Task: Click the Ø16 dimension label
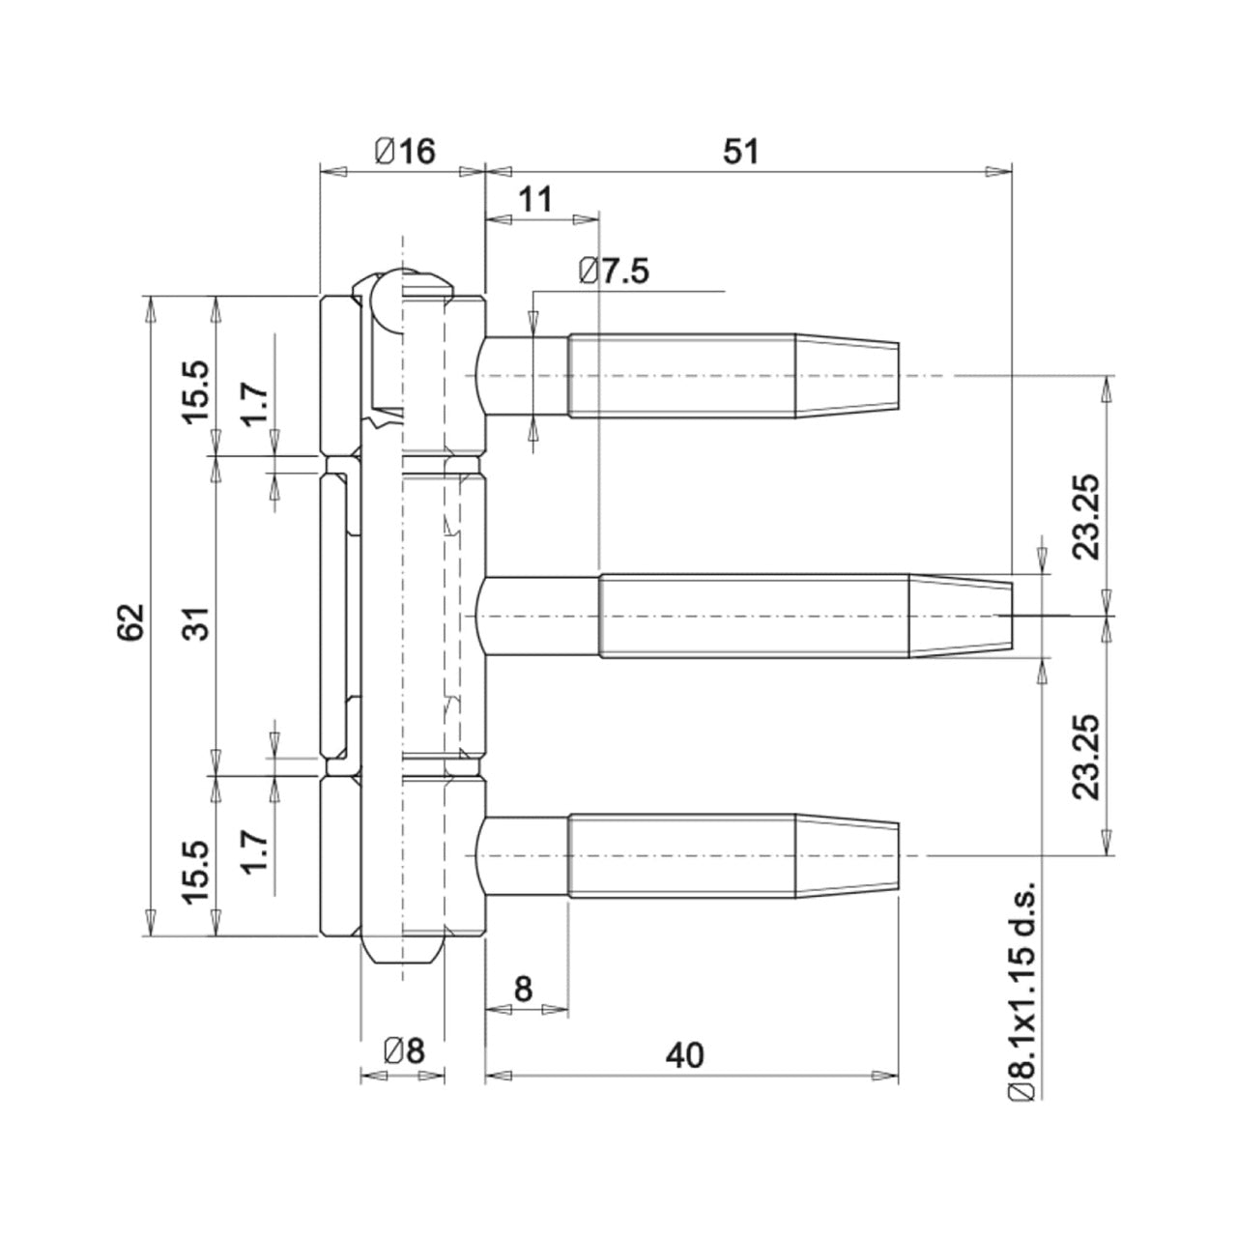(404, 152)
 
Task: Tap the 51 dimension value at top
(741, 152)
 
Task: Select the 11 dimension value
(534, 200)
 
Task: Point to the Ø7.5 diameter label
(613, 271)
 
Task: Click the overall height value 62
(130, 622)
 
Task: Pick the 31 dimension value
(199, 622)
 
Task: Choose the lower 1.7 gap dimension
(253, 851)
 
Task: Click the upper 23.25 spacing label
(1086, 517)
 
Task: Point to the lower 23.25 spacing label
(1086, 757)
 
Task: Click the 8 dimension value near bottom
(523, 990)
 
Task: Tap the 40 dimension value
(684, 1055)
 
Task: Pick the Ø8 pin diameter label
(404, 1050)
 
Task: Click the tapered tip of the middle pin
(961, 616)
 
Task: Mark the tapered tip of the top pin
(847, 376)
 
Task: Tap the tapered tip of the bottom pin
(847, 855)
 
